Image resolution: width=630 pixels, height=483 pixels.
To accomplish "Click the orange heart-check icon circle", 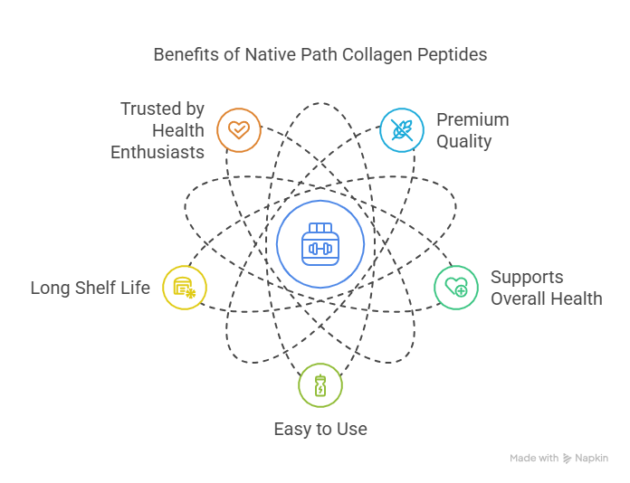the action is coord(239,129).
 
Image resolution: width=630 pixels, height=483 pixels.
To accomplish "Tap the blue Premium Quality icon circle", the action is coord(402,129).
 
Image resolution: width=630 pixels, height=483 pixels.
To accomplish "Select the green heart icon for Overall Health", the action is coord(456,289).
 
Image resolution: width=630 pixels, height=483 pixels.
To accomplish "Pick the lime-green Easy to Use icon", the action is coord(320,387).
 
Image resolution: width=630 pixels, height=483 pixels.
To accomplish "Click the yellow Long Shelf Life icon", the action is coord(185,289).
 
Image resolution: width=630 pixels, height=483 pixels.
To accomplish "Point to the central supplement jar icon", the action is coord(320,244).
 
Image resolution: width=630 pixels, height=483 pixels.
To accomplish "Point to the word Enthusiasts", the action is coord(157,152).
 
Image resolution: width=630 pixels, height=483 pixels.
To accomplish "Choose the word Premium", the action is coord(472,119).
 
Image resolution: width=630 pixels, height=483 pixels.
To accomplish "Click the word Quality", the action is coord(463,141).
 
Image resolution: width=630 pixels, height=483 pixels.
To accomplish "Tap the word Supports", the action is coord(527,278).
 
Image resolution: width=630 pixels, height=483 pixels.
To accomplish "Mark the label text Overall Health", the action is coord(546,298).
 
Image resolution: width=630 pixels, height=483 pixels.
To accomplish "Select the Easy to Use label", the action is coord(320,429).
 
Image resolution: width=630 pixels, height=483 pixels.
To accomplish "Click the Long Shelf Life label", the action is coord(91,289).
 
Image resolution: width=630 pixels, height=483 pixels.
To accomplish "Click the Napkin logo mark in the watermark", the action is coord(568,459).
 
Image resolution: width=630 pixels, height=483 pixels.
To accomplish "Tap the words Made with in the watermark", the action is coord(534,459).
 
